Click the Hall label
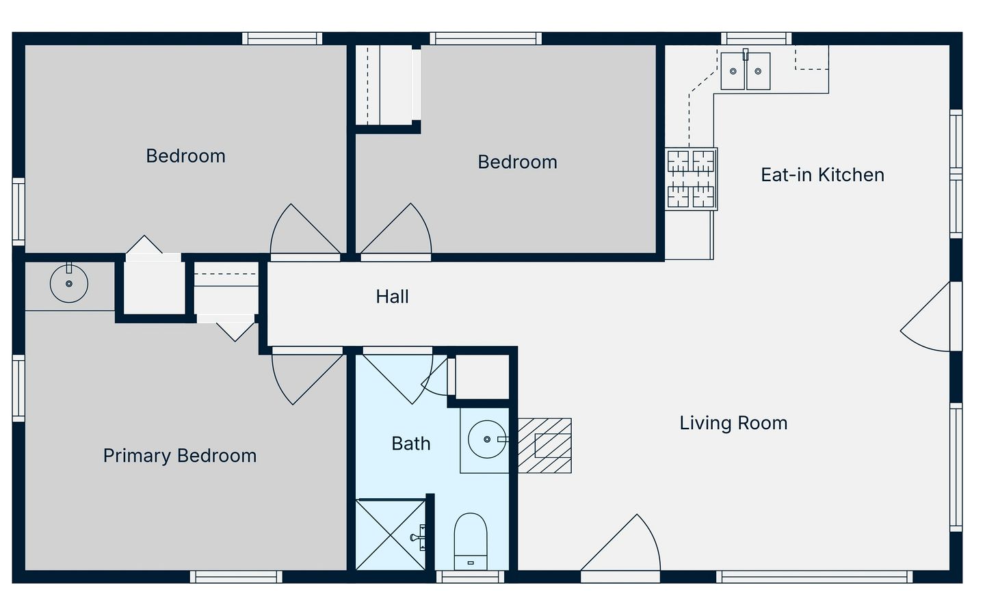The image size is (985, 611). (392, 297)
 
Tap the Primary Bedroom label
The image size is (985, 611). (180, 456)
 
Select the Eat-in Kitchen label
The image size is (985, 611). (822, 175)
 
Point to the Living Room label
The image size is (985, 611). (733, 423)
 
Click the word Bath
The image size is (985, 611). (410, 444)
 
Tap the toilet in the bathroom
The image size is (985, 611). (471, 541)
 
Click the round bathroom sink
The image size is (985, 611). (487, 439)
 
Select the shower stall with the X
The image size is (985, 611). (391, 534)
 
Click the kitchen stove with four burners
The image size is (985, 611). (691, 179)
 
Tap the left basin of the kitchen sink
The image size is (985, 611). (733, 71)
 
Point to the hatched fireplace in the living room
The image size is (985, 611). (544, 446)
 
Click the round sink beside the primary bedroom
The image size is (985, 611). (69, 284)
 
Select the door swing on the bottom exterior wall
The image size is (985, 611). (620, 543)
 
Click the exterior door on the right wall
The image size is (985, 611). (925, 316)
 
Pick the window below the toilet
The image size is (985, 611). (470, 577)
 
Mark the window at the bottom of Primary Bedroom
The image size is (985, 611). (236, 577)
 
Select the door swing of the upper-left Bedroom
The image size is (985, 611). (305, 228)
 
